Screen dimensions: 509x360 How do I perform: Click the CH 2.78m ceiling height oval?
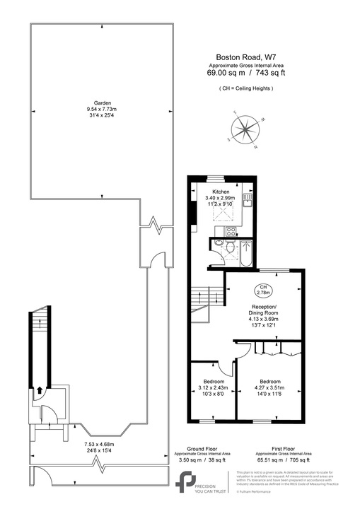click(263, 288)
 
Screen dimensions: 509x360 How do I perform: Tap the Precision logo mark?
click(185, 479)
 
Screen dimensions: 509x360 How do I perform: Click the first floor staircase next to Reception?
click(203, 296)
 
